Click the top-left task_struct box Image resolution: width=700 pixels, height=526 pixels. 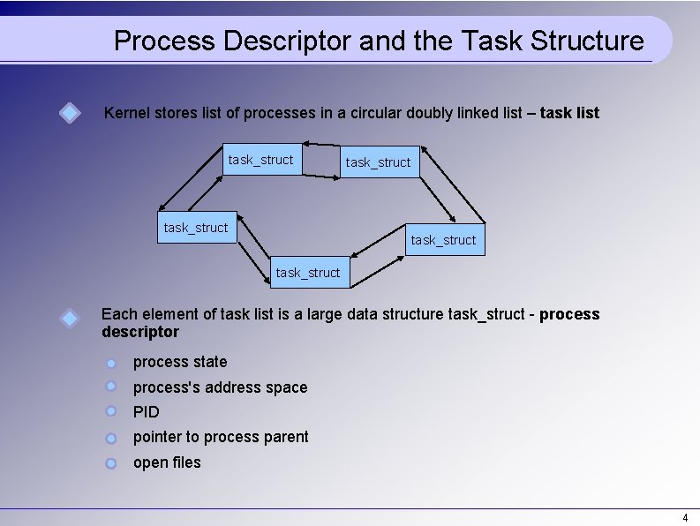coord(261,160)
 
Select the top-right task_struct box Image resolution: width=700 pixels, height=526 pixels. coord(378,162)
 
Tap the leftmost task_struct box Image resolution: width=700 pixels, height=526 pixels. coord(196,228)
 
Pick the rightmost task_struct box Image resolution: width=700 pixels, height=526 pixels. coord(443,239)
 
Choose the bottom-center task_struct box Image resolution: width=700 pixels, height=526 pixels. coord(307,273)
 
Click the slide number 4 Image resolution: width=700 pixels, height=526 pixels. coord(685,516)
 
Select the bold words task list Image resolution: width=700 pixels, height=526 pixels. coord(569,113)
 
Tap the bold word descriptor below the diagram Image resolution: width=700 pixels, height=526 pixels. coord(140,332)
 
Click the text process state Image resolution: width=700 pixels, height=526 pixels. coord(180,362)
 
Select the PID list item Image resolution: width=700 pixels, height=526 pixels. coord(147,411)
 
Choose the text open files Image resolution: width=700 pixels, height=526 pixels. coord(167,462)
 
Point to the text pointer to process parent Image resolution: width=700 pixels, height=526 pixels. coord(221,437)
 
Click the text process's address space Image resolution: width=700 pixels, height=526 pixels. coord(221,387)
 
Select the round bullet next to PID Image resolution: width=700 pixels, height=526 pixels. coord(110,411)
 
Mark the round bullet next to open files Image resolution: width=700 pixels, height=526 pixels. coord(110,462)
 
